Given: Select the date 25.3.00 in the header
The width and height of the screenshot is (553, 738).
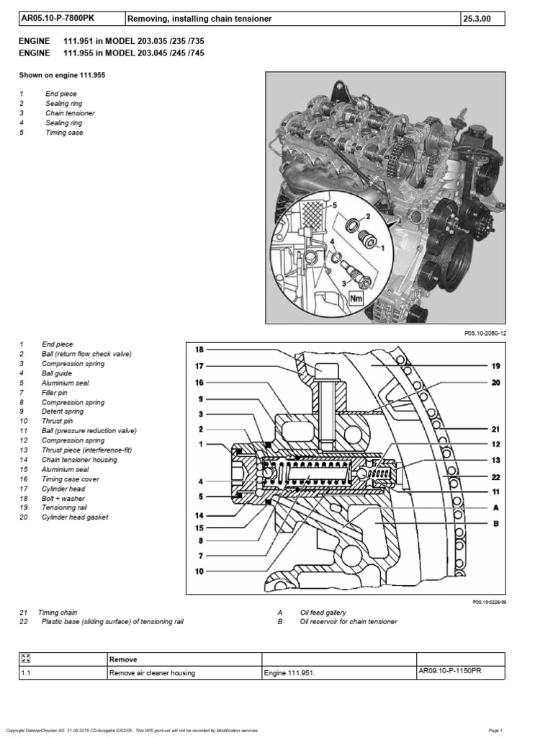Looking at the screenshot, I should coord(480,18).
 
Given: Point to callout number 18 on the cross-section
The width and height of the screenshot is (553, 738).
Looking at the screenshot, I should coord(200,350).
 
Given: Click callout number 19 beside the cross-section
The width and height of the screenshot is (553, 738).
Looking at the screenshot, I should coord(495,366).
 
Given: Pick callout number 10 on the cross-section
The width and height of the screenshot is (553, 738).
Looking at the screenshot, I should coord(200,572).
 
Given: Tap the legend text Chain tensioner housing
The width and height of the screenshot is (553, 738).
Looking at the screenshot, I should coord(80,459).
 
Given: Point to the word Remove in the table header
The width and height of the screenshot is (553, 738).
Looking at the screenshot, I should coord(123,659).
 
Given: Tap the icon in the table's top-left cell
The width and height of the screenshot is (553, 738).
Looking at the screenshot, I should coord(27,658).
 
